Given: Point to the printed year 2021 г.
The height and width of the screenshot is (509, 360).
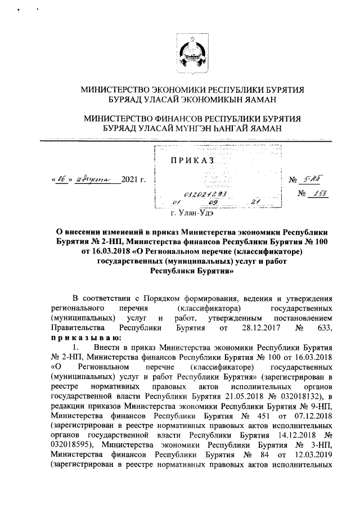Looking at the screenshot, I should tap(134, 180).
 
